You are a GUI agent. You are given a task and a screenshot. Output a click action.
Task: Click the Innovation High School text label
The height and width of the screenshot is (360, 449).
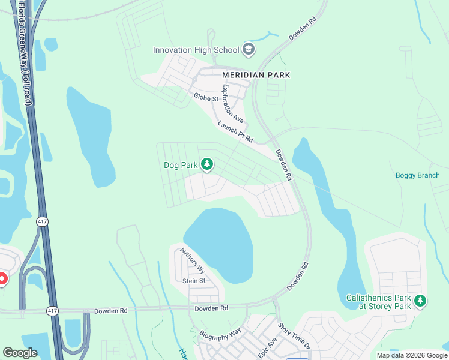click(196, 50)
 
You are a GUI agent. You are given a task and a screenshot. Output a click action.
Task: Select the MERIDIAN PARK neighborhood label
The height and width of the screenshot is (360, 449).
click(256, 75)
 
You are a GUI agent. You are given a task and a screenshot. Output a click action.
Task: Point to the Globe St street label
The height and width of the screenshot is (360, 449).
click(205, 97)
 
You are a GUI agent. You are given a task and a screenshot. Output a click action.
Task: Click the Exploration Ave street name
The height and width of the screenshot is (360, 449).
click(233, 103)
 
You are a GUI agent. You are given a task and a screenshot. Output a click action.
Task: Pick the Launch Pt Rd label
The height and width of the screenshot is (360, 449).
click(236, 131)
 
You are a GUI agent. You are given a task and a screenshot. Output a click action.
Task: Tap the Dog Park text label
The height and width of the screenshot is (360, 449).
click(180, 165)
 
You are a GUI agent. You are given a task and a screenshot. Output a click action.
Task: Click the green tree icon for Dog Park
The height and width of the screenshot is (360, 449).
click(207, 164)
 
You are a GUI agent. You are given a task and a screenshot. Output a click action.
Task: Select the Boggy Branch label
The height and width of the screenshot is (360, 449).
click(417, 175)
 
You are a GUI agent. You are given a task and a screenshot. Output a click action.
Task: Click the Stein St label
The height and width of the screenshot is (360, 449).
click(194, 281)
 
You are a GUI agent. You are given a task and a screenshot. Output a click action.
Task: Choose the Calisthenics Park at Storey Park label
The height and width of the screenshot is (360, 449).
click(379, 302)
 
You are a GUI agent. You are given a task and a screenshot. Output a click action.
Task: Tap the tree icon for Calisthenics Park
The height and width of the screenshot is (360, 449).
click(421, 301)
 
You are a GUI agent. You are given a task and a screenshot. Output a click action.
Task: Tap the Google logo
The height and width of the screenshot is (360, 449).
click(20, 353)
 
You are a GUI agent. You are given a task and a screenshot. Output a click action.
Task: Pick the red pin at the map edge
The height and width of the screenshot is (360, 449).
click(2, 278)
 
